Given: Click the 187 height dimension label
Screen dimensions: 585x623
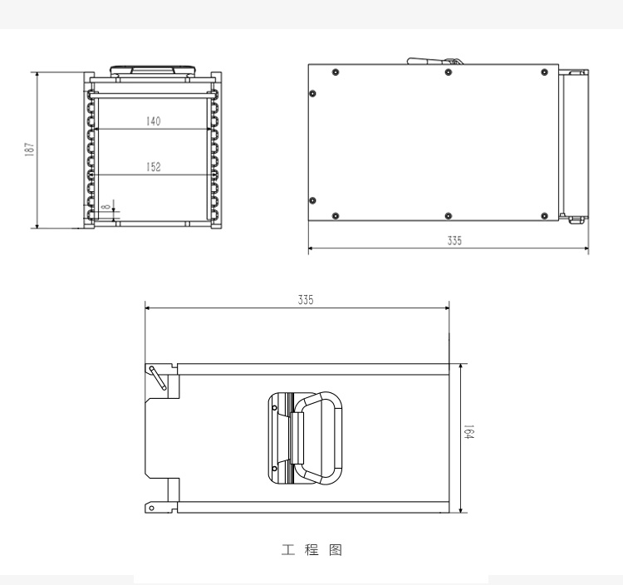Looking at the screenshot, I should [29, 150].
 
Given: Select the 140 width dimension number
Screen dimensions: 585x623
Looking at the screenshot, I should [153, 121].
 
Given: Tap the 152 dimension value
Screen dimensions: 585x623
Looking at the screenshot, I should [153, 167].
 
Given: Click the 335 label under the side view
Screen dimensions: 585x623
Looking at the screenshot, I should [454, 241].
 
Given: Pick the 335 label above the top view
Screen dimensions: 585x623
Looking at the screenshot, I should [306, 301].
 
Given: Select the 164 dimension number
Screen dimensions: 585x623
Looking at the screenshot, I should [469, 434].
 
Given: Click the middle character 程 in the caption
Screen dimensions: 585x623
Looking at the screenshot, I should [311, 550].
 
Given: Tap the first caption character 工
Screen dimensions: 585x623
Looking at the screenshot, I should [287, 550].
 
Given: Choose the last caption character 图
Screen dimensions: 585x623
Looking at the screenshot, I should [336, 550].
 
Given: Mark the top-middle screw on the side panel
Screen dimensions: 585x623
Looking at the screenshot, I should [448, 72].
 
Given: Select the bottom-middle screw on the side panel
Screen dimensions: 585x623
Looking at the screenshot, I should [448, 216].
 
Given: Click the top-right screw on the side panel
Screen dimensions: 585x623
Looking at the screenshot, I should [545, 72].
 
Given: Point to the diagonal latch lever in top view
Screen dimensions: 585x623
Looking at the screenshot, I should [157, 376].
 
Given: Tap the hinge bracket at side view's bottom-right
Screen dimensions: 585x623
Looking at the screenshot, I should [574, 219].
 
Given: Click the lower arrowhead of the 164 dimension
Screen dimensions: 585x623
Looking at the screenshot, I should [460, 509].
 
